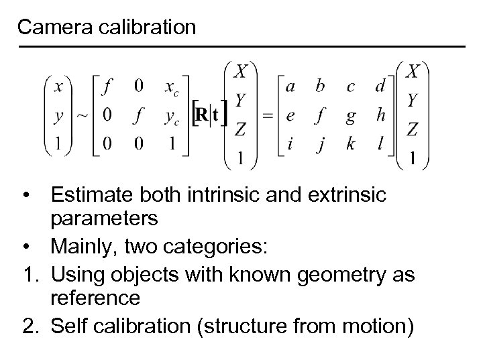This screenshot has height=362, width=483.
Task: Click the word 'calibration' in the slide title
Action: pos(146,27)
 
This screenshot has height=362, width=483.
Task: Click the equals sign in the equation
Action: pos(268,115)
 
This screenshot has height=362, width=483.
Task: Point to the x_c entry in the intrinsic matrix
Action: pos(173,87)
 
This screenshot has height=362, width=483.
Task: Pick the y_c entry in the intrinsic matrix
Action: pos(173,116)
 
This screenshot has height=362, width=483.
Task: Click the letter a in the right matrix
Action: pos(290,86)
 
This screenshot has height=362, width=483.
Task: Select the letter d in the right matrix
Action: pos(380,86)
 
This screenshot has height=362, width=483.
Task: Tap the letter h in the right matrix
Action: pos(380,115)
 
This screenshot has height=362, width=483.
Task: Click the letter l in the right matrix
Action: pos(380,144)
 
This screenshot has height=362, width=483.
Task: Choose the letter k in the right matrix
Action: pos(351,144)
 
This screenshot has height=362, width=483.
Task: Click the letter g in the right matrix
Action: pos(350,116)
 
